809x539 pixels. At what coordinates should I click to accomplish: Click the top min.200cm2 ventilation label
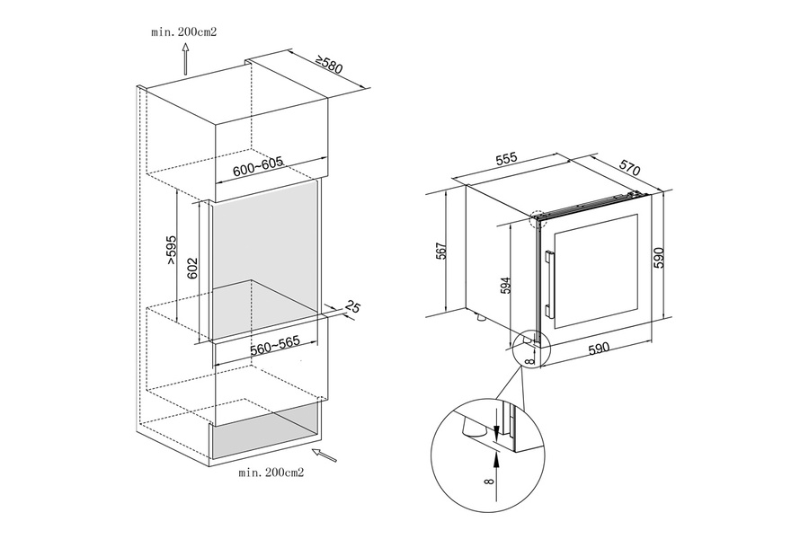click(x=184, y=32)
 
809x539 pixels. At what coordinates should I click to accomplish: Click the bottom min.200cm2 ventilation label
click(x=271, y=473)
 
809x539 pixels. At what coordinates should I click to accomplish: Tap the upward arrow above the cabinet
click(x=184, y=59)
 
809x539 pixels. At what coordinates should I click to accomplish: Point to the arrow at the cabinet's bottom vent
click(x=324, y=455)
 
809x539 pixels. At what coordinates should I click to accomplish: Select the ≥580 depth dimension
click(x=329, y=65)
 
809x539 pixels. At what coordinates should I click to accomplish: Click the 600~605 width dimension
click(x=257, y=166)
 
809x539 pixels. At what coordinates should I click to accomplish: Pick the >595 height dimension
click(x=172, y=251)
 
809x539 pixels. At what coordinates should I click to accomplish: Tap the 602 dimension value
click(x=192, y=268)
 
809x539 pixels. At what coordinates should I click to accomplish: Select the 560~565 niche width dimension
click(x=275, y=346)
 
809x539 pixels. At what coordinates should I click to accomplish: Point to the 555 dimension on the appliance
click(x=506, y=159)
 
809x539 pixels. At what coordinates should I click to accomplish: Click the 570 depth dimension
click(x=629, y=167)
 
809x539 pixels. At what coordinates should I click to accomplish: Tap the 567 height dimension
click(x=441, y=251)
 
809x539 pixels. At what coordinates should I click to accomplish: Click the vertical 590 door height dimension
click(x=659, y=258)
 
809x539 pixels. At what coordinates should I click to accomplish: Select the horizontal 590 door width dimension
click(x=599, y=349)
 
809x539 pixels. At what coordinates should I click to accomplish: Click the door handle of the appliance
click(x=548, y=284)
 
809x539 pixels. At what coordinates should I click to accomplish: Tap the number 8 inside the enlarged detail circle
click(x=489, y=482)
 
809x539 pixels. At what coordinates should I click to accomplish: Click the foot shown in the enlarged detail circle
click(x=471, y=428)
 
